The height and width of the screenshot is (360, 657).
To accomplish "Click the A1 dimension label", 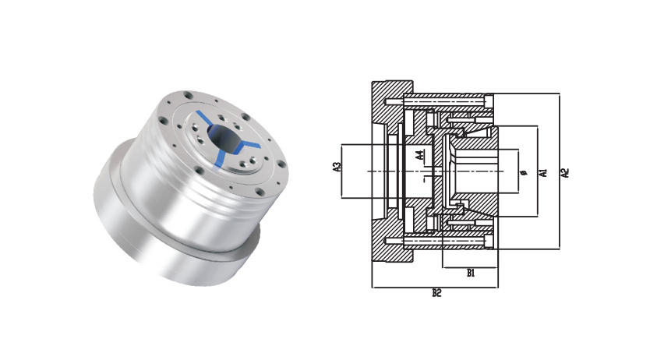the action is (543, 172).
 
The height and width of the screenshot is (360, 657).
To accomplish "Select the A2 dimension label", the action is (565, 172).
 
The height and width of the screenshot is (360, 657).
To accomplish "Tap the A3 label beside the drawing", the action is (337, 167).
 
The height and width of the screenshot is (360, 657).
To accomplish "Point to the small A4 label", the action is (419, 156).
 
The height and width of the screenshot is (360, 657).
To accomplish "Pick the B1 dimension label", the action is (471, 274).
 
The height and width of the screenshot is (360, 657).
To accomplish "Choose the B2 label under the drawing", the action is (436, 293).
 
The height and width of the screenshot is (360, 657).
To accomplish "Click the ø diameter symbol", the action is (522, 172).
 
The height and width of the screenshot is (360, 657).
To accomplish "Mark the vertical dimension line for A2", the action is (560, 171).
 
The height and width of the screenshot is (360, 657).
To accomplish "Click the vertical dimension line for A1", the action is (538, 171).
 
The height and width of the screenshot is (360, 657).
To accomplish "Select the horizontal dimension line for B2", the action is (435, 288).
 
